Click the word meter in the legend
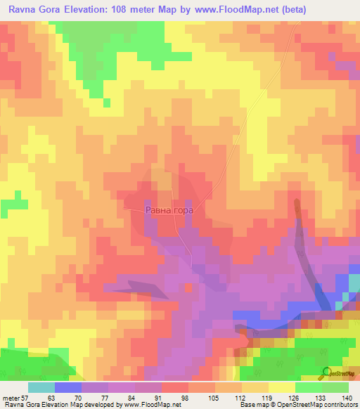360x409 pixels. (x=11, y=397)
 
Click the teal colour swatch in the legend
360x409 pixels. (x=41, y=387)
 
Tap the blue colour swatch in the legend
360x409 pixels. (x=68, y=387)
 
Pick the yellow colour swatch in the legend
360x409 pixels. (x=282, y=387)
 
